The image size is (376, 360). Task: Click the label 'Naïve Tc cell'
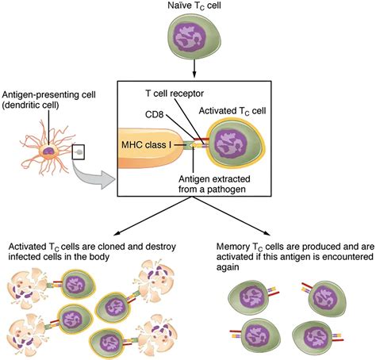tap(189, 7)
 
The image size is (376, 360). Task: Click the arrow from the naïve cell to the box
tap(189, 73)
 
